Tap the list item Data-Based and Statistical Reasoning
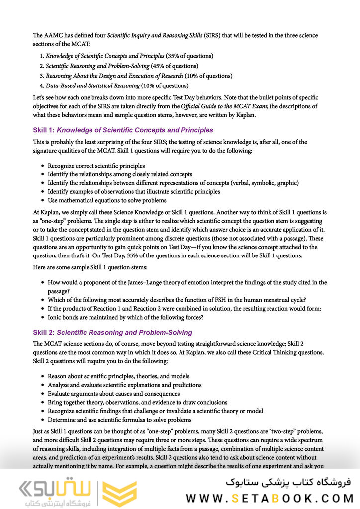92,85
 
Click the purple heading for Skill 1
123,130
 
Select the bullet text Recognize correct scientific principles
96,165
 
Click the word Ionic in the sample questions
56,317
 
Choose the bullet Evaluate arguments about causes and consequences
114,393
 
